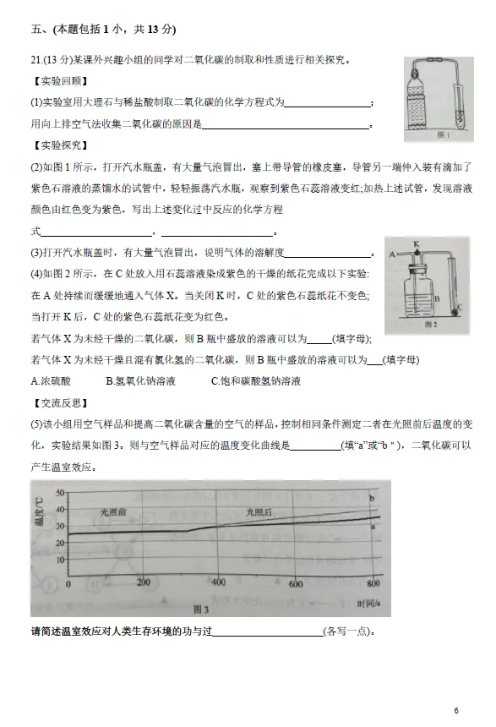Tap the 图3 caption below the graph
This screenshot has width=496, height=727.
(200, 609)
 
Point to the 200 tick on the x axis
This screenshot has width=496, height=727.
(143, 582)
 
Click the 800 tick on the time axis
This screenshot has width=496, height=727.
(373, 582)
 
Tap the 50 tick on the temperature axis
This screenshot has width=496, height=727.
(59, 491)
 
